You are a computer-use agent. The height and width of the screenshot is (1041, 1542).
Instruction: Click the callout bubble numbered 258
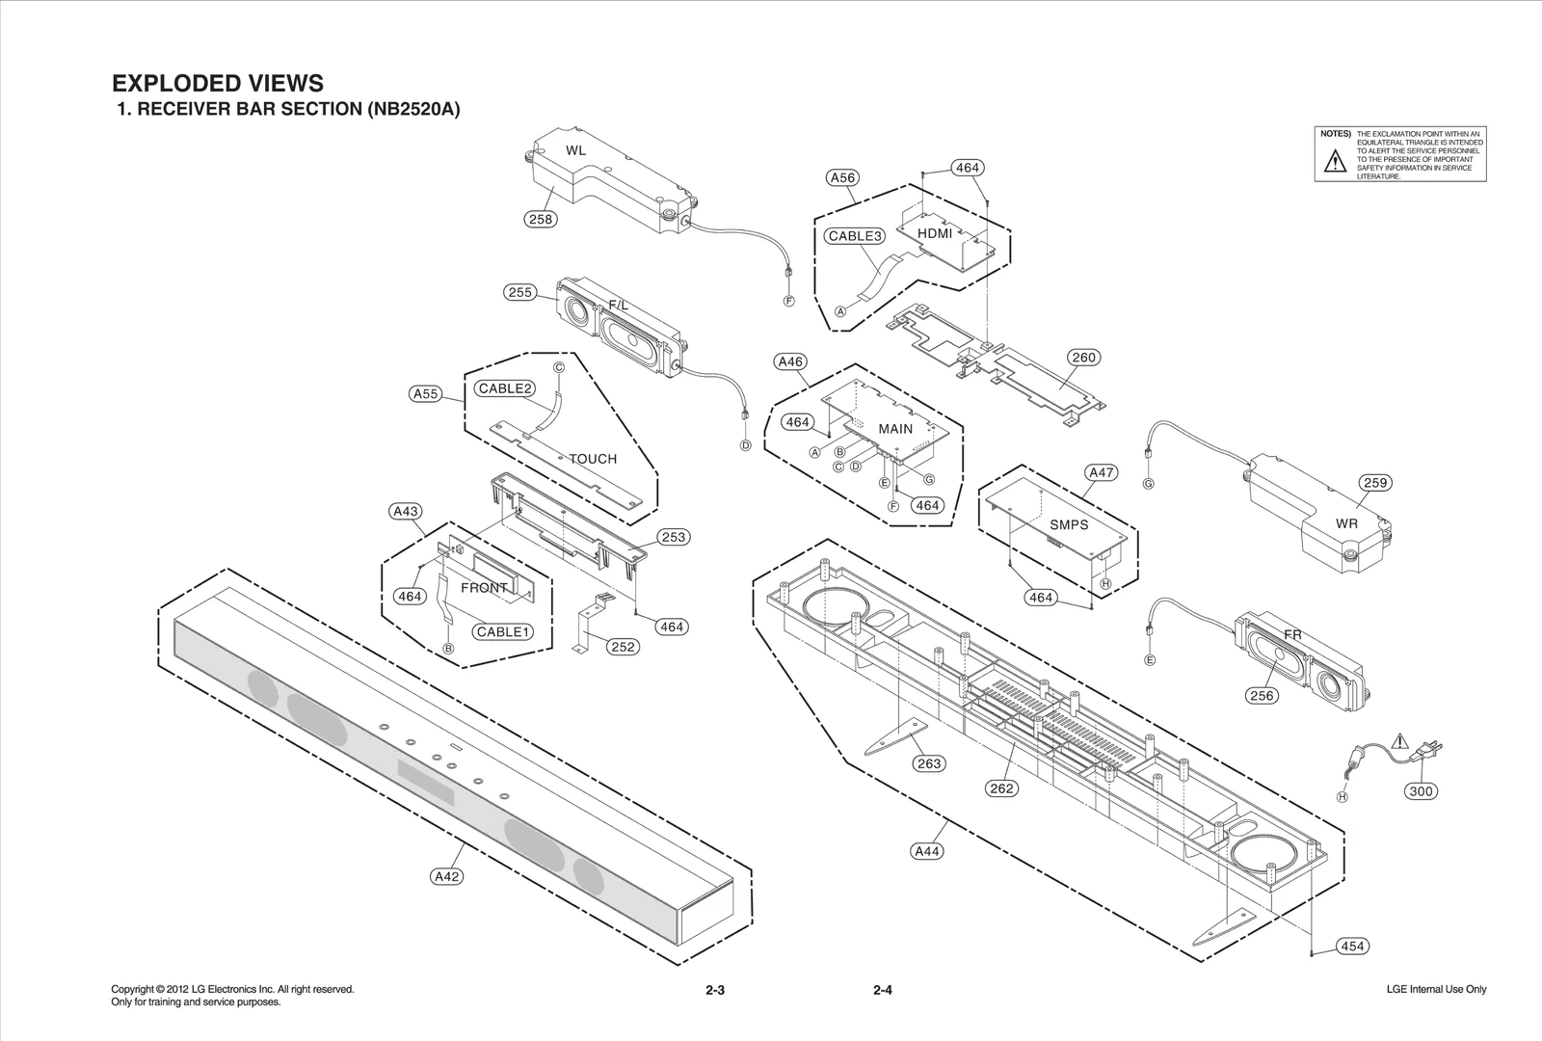pos(541,219)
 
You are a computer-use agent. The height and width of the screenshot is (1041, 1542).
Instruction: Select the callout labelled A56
pos(842,177)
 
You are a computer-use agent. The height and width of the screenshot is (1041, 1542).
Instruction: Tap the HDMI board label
pos(935,233)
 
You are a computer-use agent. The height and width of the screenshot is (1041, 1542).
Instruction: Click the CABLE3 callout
pos(855,236)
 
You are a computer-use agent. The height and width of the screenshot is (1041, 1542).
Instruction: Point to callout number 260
pos(1084,358)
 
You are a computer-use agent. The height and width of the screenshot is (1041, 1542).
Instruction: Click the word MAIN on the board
pos(895,429)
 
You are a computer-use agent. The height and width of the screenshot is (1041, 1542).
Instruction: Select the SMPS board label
pos(1069,524)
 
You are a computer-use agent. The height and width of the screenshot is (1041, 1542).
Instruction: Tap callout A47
pos(1101,472)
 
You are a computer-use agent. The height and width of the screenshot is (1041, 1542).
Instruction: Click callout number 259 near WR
pos(1375,483)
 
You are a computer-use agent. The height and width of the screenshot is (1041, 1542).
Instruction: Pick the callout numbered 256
pos(1262,696)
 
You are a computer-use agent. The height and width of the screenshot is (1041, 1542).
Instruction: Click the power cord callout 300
pos(1422,791)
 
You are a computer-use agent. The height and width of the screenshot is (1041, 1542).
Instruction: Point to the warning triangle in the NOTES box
pos(1335,162)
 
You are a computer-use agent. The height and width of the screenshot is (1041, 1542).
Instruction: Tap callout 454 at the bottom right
pos(1352,947)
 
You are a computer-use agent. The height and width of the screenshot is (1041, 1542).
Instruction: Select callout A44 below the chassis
pos(927,851)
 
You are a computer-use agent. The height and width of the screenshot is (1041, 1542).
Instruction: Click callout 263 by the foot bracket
pos(929,763)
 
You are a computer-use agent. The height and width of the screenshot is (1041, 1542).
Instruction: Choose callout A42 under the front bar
pos(447,876)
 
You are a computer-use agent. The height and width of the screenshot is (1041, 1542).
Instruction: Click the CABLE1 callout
pos(502,632)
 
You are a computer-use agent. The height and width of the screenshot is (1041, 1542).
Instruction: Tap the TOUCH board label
pos(593,459)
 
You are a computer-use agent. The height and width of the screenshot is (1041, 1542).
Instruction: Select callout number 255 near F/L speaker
pos(520,292)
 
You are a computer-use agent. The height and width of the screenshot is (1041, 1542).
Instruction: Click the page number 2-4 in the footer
pos(882,990)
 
